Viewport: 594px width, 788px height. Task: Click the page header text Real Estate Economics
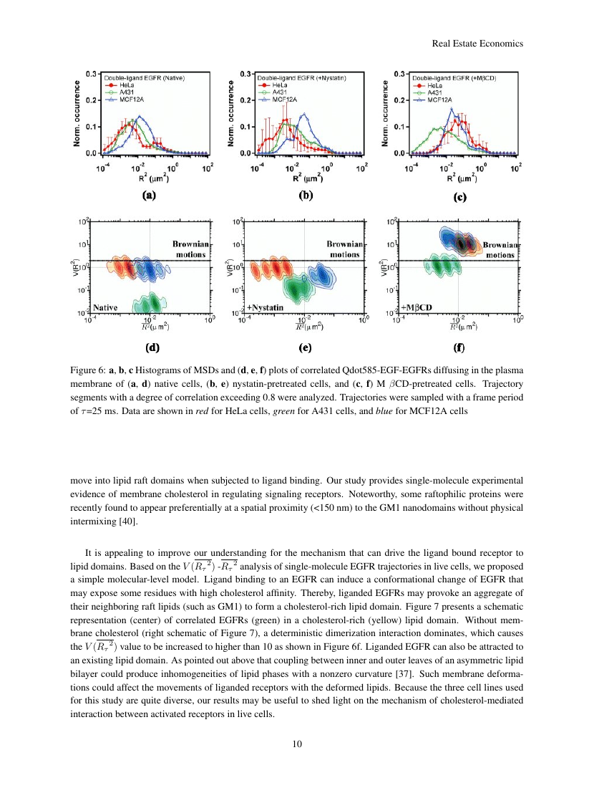pyautogui.click(x=478, y=44)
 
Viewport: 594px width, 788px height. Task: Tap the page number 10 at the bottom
pyautogui.click(x=297, y=744)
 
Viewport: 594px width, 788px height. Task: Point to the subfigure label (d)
pyautogui.click(x=152, y=349)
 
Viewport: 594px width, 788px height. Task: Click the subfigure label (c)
pyautogui.click(x=459, y=196)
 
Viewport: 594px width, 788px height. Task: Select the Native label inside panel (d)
pyautogui.click(x=106, y=307)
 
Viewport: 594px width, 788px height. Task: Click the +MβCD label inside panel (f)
pyautogui.click(x=417, y=307)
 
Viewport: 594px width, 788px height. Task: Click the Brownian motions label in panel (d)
pyautogui.click(x=190, y=249)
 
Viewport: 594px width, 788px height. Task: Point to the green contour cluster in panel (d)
pyautogui.click(x=147, y=303)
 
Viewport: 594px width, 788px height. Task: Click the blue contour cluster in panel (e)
pyautogui.click(x=321, y=274)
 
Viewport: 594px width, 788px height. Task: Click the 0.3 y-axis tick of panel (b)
pyautogui.click(x=244, y=74)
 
